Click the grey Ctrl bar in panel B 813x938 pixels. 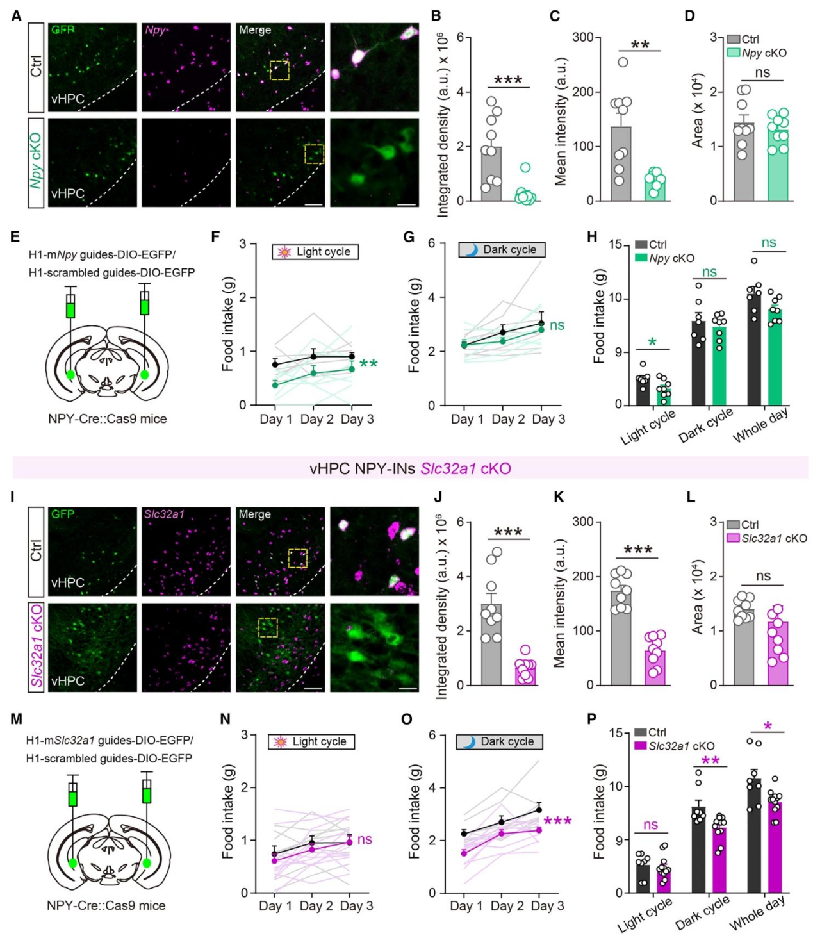click(491, 174)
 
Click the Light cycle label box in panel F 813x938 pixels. click(315, 252)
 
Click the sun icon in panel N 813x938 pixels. click(280, 742)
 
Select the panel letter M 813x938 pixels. click(17, 719)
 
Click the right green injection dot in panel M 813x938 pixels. click(147, 862)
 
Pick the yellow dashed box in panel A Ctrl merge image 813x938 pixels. click(279, 70)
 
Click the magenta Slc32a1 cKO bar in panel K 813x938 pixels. click(655, 668)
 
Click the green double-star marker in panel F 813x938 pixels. click(368, 365)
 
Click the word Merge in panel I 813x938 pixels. click(254, 514)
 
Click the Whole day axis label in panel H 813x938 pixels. click(760, 426)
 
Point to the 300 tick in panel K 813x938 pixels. click(582, 522)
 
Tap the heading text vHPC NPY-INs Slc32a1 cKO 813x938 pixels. click(410, 468)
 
